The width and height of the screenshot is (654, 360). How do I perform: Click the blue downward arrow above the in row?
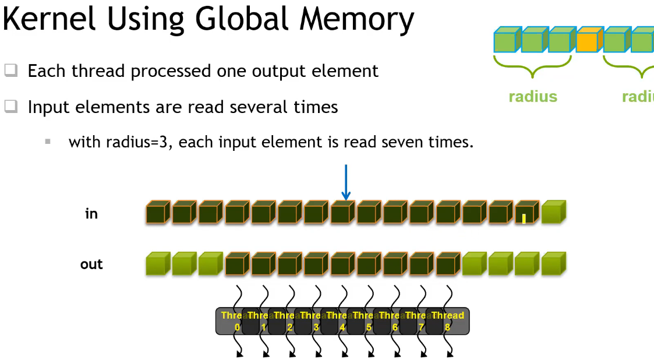tap(346, 182)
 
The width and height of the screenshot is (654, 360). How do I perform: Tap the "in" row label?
tap(91, 214)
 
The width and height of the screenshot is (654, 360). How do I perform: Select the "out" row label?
tap(91, 264)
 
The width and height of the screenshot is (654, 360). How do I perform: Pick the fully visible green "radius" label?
tap(533, 97)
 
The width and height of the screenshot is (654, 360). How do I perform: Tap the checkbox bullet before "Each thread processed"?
tap(11, 71)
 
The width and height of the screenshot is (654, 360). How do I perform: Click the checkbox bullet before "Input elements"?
tap(11, 107)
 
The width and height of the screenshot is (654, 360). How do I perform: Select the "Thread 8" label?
tap(447, 321)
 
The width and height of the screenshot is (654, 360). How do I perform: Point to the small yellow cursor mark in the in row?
tap(524, 218)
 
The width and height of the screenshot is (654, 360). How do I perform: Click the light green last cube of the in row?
tap(553, 213)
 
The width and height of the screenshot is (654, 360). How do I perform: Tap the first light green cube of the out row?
tap(157, 264)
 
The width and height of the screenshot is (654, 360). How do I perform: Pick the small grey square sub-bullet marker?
tap(48, 142)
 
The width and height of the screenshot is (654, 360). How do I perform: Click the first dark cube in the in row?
tap(157, 213)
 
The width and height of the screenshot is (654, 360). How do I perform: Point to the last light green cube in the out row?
tap(553, 264)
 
